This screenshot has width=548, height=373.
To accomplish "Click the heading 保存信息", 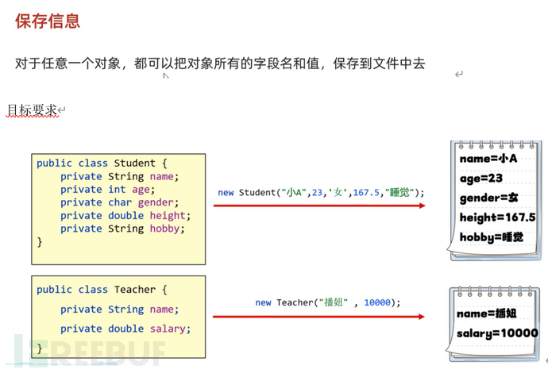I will pyautogui.click(x=47, y=21).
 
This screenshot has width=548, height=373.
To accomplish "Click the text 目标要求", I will pyautogui.click(x=32, y=110).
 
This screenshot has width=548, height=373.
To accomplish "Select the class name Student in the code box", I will pyautogui.click(x=135, y=163).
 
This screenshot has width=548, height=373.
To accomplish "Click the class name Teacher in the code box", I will pyautogui.click(x=135, y=290).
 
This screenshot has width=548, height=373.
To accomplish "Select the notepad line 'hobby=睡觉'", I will pyautogui.click(x=491, y=236).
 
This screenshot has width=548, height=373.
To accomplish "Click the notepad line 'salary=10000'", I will pyautogui.click(x=497, y=333).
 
